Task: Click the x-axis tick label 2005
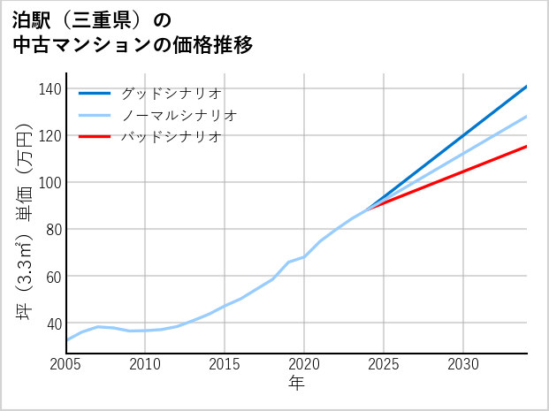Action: click(x=66, y=364)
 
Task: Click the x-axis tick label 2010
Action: click(x=146, y=364)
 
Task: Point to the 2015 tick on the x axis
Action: click(x=225, y=364)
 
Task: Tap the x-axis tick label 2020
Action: click(x=304, y=364)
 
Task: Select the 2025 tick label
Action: click(x=384, y=364)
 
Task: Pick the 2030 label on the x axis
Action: click(x=463, y=364)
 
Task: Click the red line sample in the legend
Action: click(x=95, y=137)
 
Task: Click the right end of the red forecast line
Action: click(x=526, y=147)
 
